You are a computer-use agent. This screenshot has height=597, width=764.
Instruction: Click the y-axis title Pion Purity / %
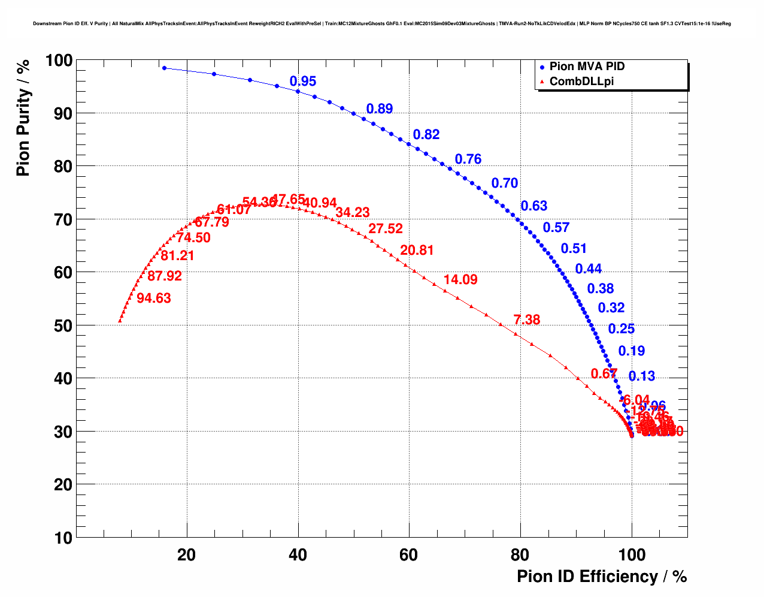click(x=23, y=117)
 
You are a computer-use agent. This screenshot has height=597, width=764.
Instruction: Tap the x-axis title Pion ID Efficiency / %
click(x=602, y=577)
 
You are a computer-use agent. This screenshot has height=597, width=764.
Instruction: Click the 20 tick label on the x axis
click(x=187, y=555)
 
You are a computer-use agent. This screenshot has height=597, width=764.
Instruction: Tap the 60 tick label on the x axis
click(x=409, y=555)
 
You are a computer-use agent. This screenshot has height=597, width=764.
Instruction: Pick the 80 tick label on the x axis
click(x=520, y=555)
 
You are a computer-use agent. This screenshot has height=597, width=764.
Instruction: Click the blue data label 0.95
click(x=303, y=82)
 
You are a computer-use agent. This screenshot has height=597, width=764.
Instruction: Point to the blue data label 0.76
click(x=468, y=159)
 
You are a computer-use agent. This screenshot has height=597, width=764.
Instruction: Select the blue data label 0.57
click(x=556, y=228)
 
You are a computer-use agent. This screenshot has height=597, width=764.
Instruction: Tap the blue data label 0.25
click(x=621, y=329)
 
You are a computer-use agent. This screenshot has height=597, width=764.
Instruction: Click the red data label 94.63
click(x=154, y=298)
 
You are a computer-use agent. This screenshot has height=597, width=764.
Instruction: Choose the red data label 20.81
click(x=417, y=251)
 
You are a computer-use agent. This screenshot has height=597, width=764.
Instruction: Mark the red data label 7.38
click(x=527, y=320)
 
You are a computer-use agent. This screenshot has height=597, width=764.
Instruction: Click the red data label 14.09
click(x=460, y=280)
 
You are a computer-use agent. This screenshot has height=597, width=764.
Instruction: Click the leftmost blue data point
click(x=164, y=68)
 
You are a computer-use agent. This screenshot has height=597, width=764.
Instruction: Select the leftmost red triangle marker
click(x=120, y=321)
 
